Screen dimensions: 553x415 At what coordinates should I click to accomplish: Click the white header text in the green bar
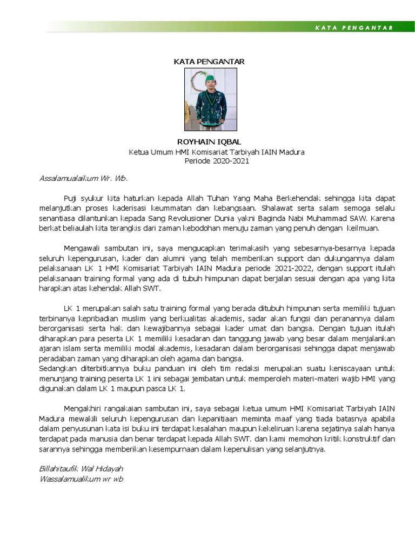click(354, 28)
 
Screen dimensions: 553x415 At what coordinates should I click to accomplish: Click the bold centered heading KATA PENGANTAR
click(209, 62)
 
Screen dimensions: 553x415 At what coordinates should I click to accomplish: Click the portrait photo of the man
click(211, 99)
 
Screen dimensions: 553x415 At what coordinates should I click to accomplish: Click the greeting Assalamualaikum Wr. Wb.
click(83, 178)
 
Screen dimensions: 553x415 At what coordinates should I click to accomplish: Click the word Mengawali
click(82, 248)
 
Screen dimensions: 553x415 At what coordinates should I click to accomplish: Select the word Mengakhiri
click(83, 408)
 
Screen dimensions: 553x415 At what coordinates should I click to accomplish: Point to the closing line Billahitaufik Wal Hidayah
click(82, 468)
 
